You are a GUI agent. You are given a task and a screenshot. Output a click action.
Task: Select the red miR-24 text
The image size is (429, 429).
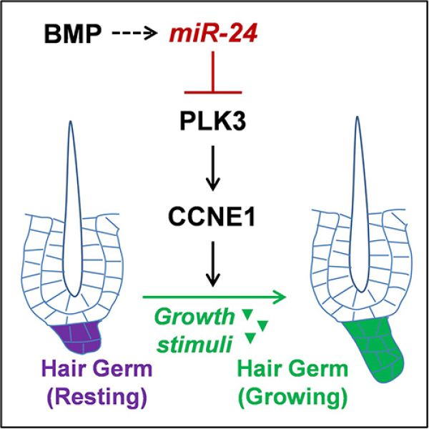[213, 34]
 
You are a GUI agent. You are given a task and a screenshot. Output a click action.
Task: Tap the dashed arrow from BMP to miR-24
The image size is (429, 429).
[134, 34]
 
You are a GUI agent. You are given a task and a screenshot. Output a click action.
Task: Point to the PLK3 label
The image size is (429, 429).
[213, 122]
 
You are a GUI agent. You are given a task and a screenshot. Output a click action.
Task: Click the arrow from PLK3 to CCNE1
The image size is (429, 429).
[213, 168]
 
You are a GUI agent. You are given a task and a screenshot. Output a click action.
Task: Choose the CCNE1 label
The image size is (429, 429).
[212, 217]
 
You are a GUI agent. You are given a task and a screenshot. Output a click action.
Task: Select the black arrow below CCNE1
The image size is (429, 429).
[213, 264]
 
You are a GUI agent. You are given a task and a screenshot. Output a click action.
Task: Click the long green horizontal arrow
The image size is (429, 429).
[214, 297]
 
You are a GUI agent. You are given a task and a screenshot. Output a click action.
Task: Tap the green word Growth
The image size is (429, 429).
[194, 317]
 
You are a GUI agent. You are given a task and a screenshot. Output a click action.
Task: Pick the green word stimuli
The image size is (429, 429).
[194, 343]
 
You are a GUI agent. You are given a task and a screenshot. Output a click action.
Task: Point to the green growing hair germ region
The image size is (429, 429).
[375, 350]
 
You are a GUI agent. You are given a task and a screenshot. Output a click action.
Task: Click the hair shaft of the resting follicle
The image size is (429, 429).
[72, 209]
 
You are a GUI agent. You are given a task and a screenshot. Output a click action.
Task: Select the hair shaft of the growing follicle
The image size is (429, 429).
[358, 204]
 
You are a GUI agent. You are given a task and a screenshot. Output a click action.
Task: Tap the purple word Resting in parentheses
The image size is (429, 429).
[97, 397]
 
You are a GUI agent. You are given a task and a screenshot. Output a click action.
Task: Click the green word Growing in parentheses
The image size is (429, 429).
[293, 397]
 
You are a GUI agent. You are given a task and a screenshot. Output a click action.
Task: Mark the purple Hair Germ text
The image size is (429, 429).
[97, 368]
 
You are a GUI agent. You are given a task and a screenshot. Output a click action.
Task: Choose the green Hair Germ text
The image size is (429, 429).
[292, 368]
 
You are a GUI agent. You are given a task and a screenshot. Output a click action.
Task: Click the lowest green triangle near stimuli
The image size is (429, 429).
[251, 337]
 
